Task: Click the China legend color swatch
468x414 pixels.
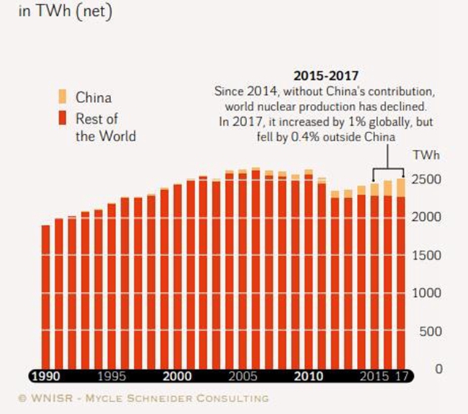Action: coord(62,97)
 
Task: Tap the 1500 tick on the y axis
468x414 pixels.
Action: coord(430,255)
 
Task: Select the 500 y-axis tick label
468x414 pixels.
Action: coord(433,331)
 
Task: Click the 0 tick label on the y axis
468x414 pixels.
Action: coord(439,369)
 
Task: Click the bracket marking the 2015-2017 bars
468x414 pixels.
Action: coord(388,168)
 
